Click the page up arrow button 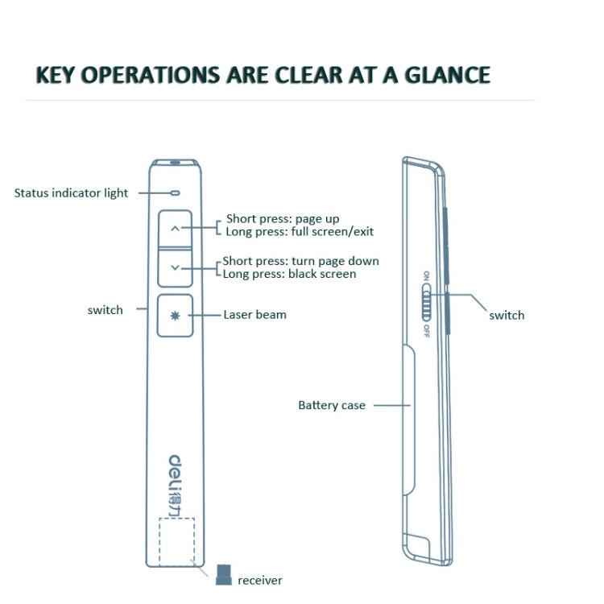click(176, 228)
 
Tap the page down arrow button click(176, 268)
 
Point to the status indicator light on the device click(175, 193)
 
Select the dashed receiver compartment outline click(176, 540)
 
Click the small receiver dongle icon click(223, 574)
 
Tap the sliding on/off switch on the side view click(427, 305)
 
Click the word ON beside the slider click(427, 278)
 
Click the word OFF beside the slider click(426, 331)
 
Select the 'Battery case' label click(331, 405)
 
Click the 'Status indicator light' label click(71, 193)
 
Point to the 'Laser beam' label click(254, 314)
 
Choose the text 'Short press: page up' click(283, 218)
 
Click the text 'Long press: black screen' click(289, 274)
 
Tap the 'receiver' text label click(260, 580)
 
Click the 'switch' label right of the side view click(507, 315)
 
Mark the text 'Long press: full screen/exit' click(300, 231)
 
